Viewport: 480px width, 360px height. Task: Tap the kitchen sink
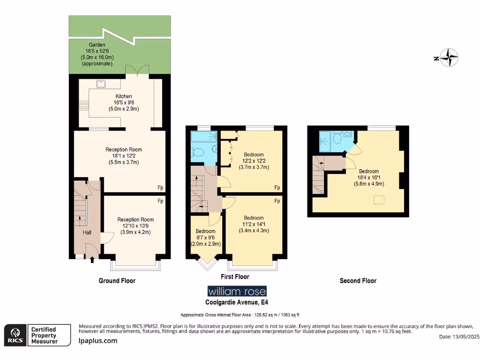point(100,84)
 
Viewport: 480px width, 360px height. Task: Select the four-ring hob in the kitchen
point(84,105)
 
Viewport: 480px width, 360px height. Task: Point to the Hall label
point(87,232)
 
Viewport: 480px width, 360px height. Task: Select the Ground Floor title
point(117,281)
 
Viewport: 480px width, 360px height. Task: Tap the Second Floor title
point(358,281)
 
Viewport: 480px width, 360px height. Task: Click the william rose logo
point(237,291)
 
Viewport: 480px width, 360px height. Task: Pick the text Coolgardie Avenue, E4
point(237,302)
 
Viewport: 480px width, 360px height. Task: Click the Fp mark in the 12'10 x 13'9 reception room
point(160,201)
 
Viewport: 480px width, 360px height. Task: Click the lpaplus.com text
point(97,341)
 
